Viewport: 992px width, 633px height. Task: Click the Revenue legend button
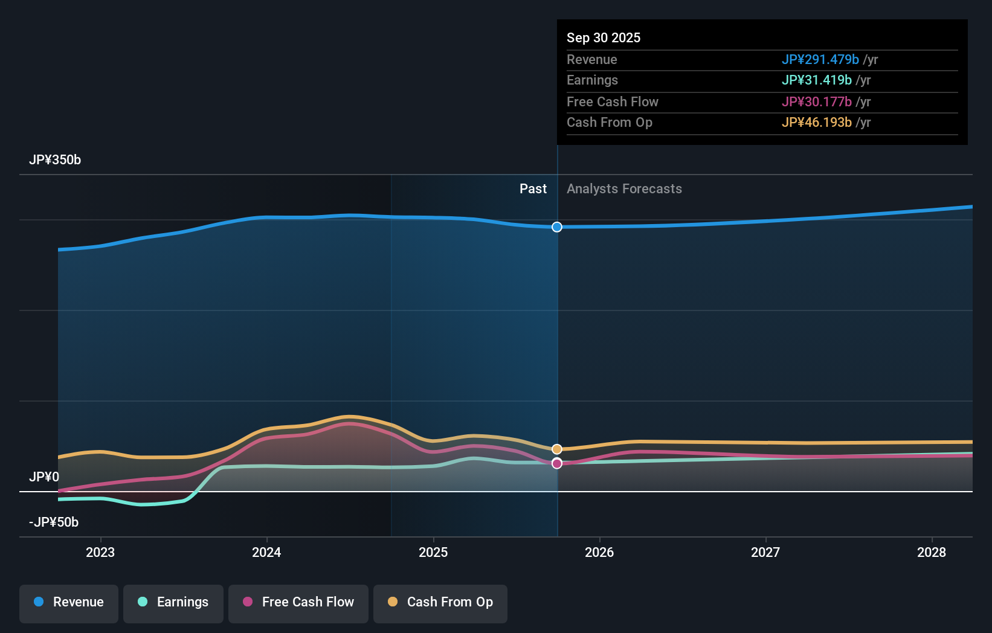pos(69,602)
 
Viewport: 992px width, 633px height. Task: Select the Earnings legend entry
pos(173,602)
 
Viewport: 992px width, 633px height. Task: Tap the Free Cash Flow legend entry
pos(298,602)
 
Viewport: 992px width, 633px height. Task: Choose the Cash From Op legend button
pos(440,602)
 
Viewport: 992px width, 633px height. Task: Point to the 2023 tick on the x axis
pos(100,552)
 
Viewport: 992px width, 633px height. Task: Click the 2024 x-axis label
pos(266,552)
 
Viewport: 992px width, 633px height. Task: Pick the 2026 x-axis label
pos(599,552)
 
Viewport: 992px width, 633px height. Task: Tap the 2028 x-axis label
pos(932,552)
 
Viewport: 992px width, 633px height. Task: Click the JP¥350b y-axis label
pos(55,160)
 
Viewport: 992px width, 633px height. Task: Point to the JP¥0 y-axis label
pos(44,477)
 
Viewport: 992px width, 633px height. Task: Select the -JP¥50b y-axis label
pos(54,522)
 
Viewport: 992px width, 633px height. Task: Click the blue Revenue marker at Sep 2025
pos(557,227)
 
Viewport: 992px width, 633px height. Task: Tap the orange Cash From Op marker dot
pos(557,449)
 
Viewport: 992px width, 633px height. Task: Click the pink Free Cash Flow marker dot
pos(557,463)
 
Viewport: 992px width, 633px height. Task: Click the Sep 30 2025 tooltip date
pos(604,37)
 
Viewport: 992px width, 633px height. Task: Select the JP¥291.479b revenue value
pos(820,59)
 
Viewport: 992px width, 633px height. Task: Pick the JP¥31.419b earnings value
pos(816,80)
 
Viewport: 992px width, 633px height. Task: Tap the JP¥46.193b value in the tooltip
pos(816,123)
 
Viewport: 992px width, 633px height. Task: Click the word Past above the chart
pos(533,189)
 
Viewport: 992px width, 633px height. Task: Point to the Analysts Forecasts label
pos(624,189)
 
